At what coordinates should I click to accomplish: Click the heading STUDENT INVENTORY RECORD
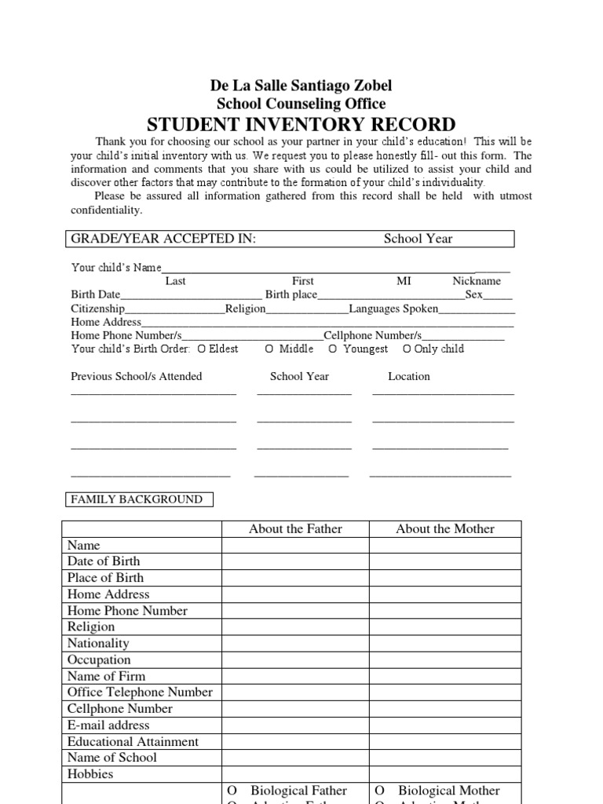(x=301, y=125)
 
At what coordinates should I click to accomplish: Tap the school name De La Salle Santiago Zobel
(x=301, y=86)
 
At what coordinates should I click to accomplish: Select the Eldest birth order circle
(x=203, y=349)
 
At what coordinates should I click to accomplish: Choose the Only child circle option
(x=407, y=349)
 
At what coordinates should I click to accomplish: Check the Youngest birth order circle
(x=333, y=349)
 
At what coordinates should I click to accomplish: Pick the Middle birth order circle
(x=269, y=349)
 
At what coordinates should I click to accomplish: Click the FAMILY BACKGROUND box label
(x=137, y=499)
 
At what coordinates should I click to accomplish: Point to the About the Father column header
(x=295, y=529)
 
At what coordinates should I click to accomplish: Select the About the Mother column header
(x=445, y=529)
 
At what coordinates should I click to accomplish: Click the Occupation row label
(x=99, y=660)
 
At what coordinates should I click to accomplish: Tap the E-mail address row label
(x=108, y=725)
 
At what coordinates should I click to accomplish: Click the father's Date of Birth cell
(x=295, y=561)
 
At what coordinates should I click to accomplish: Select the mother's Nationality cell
(x=445, y=643)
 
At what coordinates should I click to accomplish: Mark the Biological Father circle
(x=232, y=791)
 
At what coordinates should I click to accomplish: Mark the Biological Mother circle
(x=379, y=791)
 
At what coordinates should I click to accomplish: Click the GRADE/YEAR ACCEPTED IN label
(x=164, y=239)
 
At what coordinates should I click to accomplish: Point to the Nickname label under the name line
(x=477, y=281)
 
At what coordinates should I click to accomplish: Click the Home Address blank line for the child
(x=328, y=322)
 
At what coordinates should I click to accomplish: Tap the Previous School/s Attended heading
(x=137, y=376)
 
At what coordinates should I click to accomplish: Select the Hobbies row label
(x=90, y=774)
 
